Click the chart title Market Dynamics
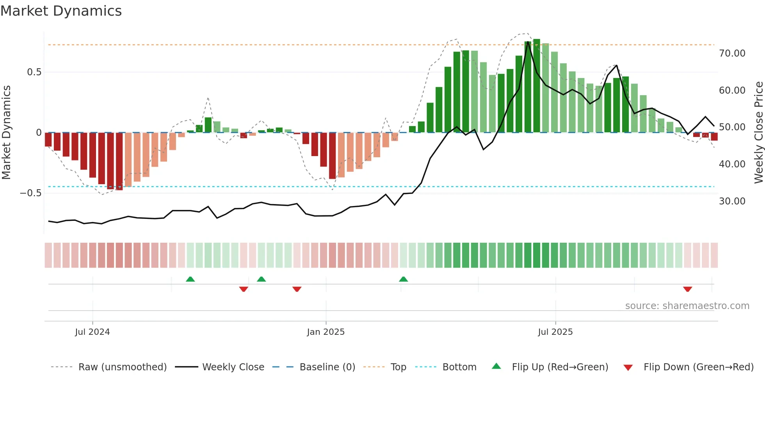tap(61, 11)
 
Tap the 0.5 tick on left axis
tap(34, 72)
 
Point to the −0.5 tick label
tap(30, 193)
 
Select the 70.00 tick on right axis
tap(732, 53)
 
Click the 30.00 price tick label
tap(732, 201)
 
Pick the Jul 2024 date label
tap(93, 332)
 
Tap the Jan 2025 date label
tap(326, 332)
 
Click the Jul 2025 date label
tap(555, 332)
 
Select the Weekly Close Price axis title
tap(758, 133)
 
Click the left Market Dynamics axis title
tap(6, 133)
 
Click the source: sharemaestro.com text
tap(687, 306)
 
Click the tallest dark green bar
tap(537, 86)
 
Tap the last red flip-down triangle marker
tap(687, 289)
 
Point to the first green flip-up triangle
tap(190, 279)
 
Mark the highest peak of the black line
tap(528, 41)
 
